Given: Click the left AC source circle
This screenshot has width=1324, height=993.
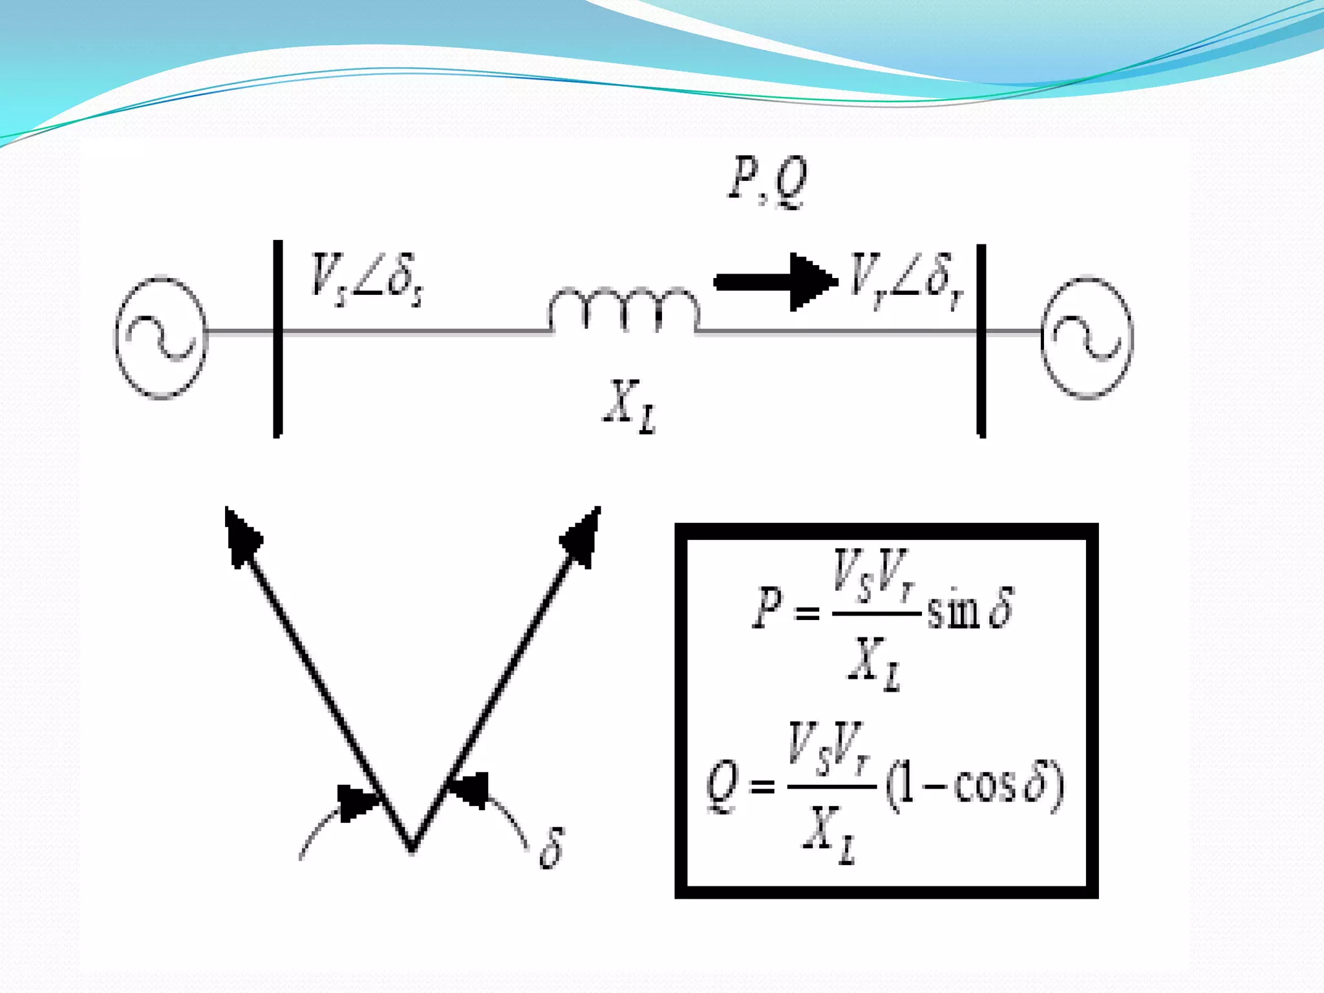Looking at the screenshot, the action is [161, 337].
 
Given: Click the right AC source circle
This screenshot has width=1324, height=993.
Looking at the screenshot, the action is [1087, 337].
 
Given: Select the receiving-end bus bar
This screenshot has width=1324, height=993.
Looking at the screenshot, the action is [981, 341].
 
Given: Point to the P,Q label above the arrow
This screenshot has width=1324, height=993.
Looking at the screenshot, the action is [768, 182].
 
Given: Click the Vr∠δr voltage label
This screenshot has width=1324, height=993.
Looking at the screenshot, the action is [906, 281].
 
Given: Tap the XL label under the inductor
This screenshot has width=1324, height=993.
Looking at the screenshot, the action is [629, 406].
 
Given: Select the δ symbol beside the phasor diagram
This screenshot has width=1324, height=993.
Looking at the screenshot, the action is [551, 848].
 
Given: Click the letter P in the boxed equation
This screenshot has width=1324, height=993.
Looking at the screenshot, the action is [767, 608].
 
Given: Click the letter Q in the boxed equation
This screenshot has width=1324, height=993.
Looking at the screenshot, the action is [722, 785].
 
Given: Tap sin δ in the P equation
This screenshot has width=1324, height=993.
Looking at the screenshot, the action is [970, 609].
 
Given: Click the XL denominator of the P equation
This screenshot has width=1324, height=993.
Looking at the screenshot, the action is [874, 662].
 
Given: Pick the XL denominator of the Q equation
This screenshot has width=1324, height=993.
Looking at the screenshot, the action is [829, 835].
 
